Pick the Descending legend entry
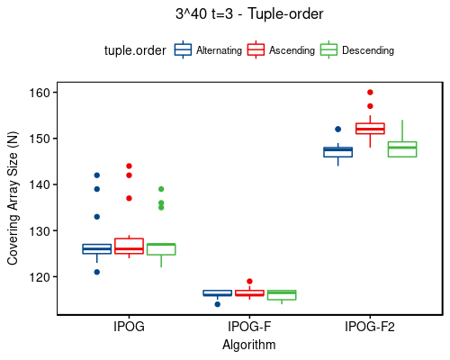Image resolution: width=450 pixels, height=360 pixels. tap(356, 51)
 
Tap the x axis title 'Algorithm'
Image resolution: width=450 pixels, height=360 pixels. tap(249, 345)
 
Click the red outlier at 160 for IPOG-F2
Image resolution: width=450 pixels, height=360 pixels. tap(370, 93)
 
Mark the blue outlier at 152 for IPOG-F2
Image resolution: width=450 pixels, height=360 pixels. tap(337, 130)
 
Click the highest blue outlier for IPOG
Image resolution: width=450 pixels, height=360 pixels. tap(97, 175)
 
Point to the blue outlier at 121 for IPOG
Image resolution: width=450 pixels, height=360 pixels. tap(97, 272)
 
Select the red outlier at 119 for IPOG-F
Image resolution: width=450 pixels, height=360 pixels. tap(249, 282)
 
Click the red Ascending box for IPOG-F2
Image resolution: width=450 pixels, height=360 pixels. tap(370, 128)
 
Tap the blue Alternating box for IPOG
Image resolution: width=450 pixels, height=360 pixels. tap(97, 248)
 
